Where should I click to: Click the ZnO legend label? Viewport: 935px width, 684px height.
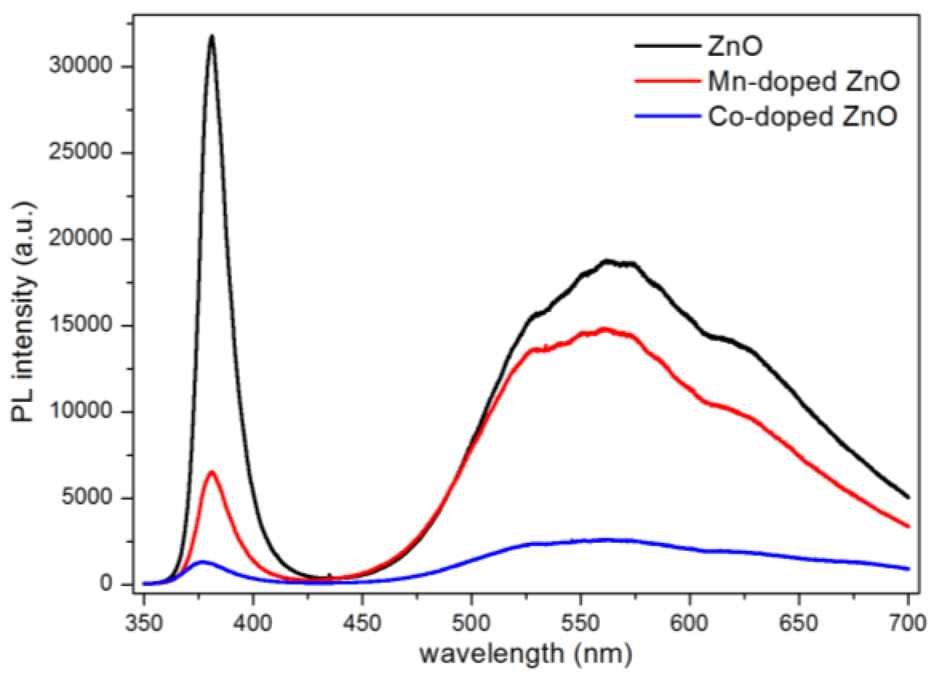pos(734,46)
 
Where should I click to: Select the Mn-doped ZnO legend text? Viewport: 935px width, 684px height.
pos(804,81)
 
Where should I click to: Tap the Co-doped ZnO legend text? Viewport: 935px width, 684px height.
pos(802,116)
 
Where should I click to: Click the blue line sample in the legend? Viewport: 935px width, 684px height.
pos(667,116)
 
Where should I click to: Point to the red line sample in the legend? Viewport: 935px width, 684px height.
pos(667,81)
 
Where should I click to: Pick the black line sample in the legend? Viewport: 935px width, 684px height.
pos(667,46)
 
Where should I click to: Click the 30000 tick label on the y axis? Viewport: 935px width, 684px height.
pos(80,66)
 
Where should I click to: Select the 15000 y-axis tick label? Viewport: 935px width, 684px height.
pos(80,325)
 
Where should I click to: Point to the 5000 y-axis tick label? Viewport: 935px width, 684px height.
pos(87,498)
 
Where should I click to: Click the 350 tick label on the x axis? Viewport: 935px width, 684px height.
pos(144,622)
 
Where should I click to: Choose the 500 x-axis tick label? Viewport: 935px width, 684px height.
pos(471,622)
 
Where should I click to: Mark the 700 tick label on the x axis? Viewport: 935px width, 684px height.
pos(907,622)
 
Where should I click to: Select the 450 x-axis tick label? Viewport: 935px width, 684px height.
pos(362,622)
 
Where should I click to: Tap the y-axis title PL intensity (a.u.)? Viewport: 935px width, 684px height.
pos(23,312)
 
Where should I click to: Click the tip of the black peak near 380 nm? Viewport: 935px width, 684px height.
pos(212,36)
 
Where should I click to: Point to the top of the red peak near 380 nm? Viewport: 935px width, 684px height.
pos(212,472)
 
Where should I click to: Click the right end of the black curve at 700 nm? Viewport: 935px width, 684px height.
pos(908,498)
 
